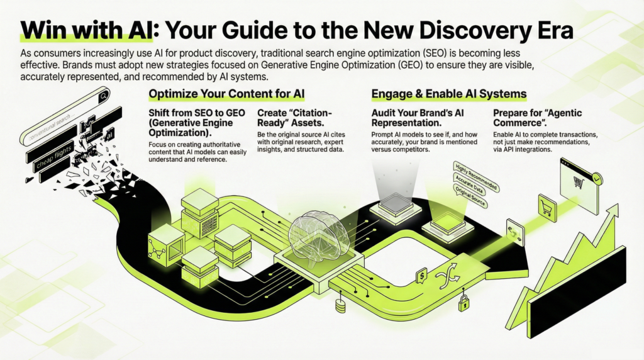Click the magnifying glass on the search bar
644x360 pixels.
coord(103,96)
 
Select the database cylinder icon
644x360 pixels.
coord(341,307)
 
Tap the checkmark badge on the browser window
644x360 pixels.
coord(597,179)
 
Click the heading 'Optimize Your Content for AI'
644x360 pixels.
coord(226,94)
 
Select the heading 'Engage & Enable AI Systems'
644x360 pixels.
coord(449,94)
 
